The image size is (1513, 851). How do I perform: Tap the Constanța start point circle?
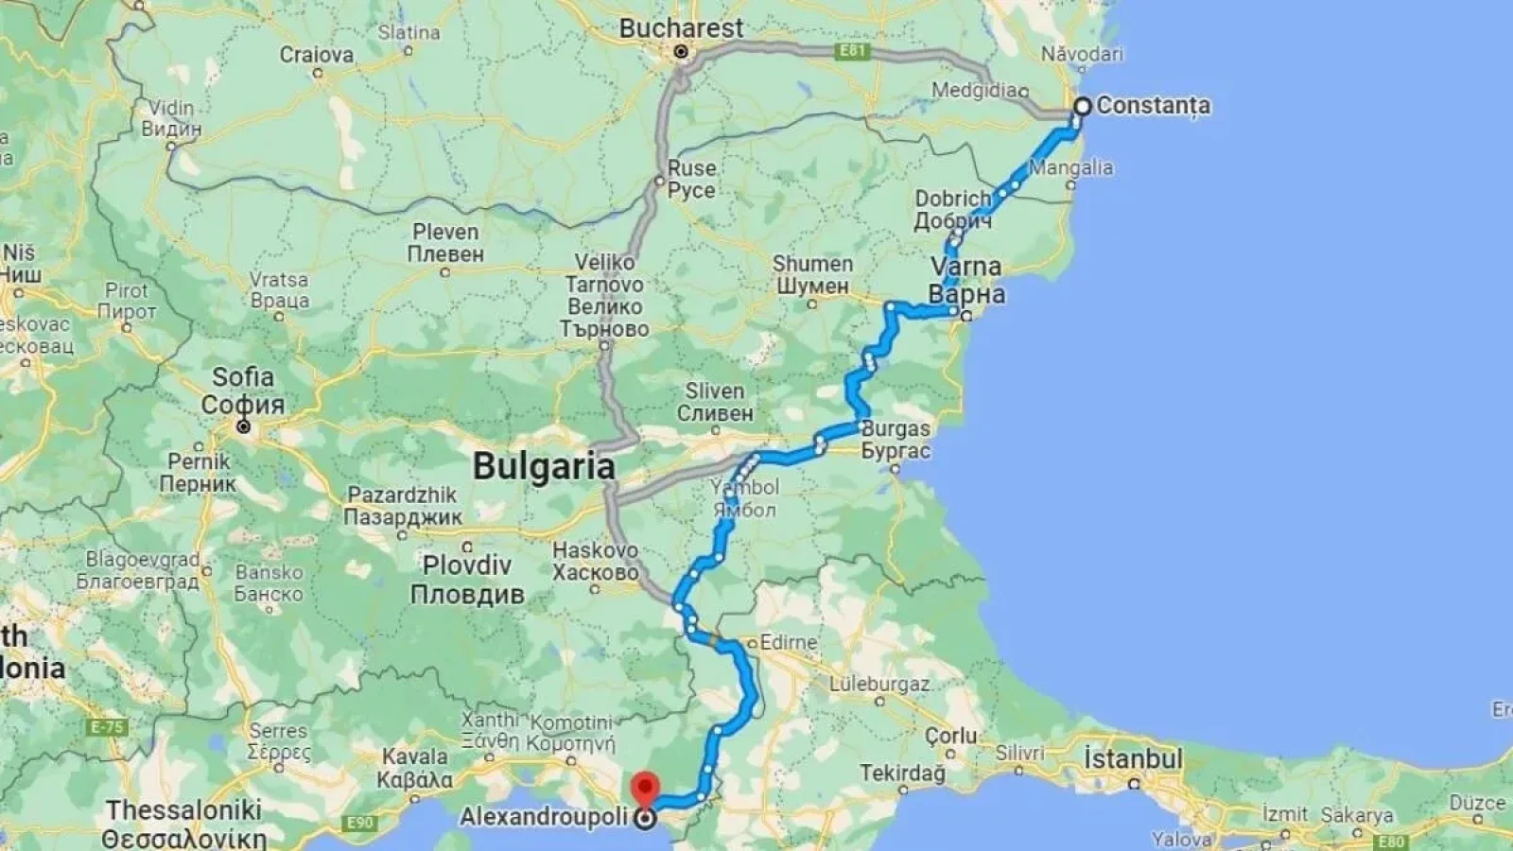coord(1081,107)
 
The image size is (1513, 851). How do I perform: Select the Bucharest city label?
coord(681,28)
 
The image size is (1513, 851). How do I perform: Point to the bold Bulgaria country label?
coord(544,465)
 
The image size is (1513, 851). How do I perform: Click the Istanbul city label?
coord(1133,758)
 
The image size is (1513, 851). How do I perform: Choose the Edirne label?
coord(788,642)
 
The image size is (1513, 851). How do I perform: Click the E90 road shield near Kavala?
coord(360,824)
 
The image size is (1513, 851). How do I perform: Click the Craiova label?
coord(316,55)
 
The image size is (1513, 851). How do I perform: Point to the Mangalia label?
coord(1071,167)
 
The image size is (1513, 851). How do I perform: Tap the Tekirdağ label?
coord(902,773)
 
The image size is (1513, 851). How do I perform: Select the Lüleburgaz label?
coord(874,684)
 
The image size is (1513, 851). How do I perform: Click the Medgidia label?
coord(975,91)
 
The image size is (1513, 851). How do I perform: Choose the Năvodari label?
coord(1083,54)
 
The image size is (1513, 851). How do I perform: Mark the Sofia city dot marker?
coord(244,426)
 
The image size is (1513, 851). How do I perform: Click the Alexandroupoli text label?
coord(545,818)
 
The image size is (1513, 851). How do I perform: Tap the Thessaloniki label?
coord(183,810)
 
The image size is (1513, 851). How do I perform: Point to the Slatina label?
coord(409,32)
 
